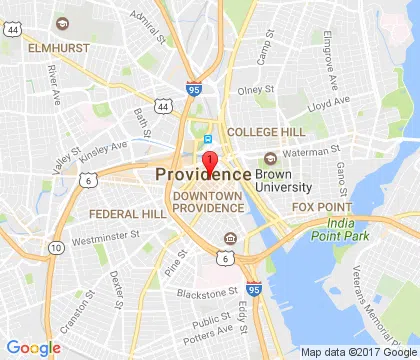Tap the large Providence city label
point(203,174)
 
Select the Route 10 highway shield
point(56,247)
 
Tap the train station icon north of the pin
point(208,139)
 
